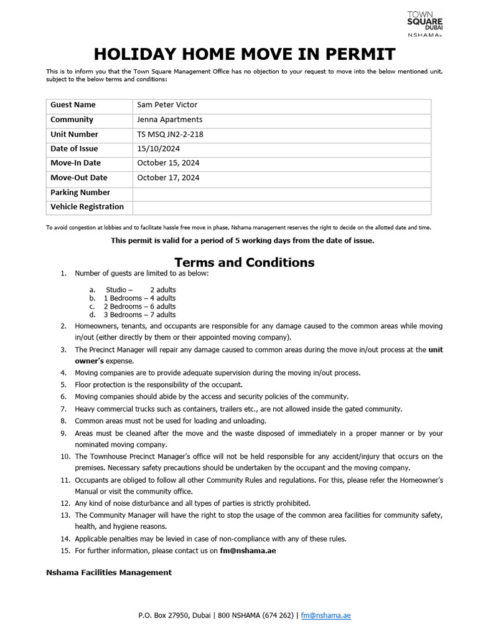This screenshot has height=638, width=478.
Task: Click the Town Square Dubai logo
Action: (x=424, y=24)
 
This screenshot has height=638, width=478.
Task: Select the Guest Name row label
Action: (x=73, y=105)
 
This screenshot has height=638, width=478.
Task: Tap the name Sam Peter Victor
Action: (x=167, y=105)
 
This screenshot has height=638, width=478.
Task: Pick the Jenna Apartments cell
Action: (x=169, y=120)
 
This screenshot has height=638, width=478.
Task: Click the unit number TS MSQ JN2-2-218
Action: (x=170, y=134)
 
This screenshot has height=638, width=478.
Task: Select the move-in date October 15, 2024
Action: (x=168, y=163)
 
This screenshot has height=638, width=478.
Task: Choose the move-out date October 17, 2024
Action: (x=168, y=178)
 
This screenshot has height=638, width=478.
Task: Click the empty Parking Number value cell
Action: (x=281, y=193)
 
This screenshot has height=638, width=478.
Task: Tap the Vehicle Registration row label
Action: (x=87, y=207)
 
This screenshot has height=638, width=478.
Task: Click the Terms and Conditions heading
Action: (x=244, y=262)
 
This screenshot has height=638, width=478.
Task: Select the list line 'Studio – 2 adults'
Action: (x=141, y=290)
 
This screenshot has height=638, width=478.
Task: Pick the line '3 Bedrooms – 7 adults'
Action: (x=139, y=315)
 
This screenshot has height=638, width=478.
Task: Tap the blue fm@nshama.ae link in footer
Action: (x=326, y=616)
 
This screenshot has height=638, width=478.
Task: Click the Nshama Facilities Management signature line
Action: (x=109, y=572)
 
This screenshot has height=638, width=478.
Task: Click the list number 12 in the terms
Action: (x=65, y=503)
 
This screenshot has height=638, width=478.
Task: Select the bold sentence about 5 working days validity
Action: (x=242, y=240)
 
